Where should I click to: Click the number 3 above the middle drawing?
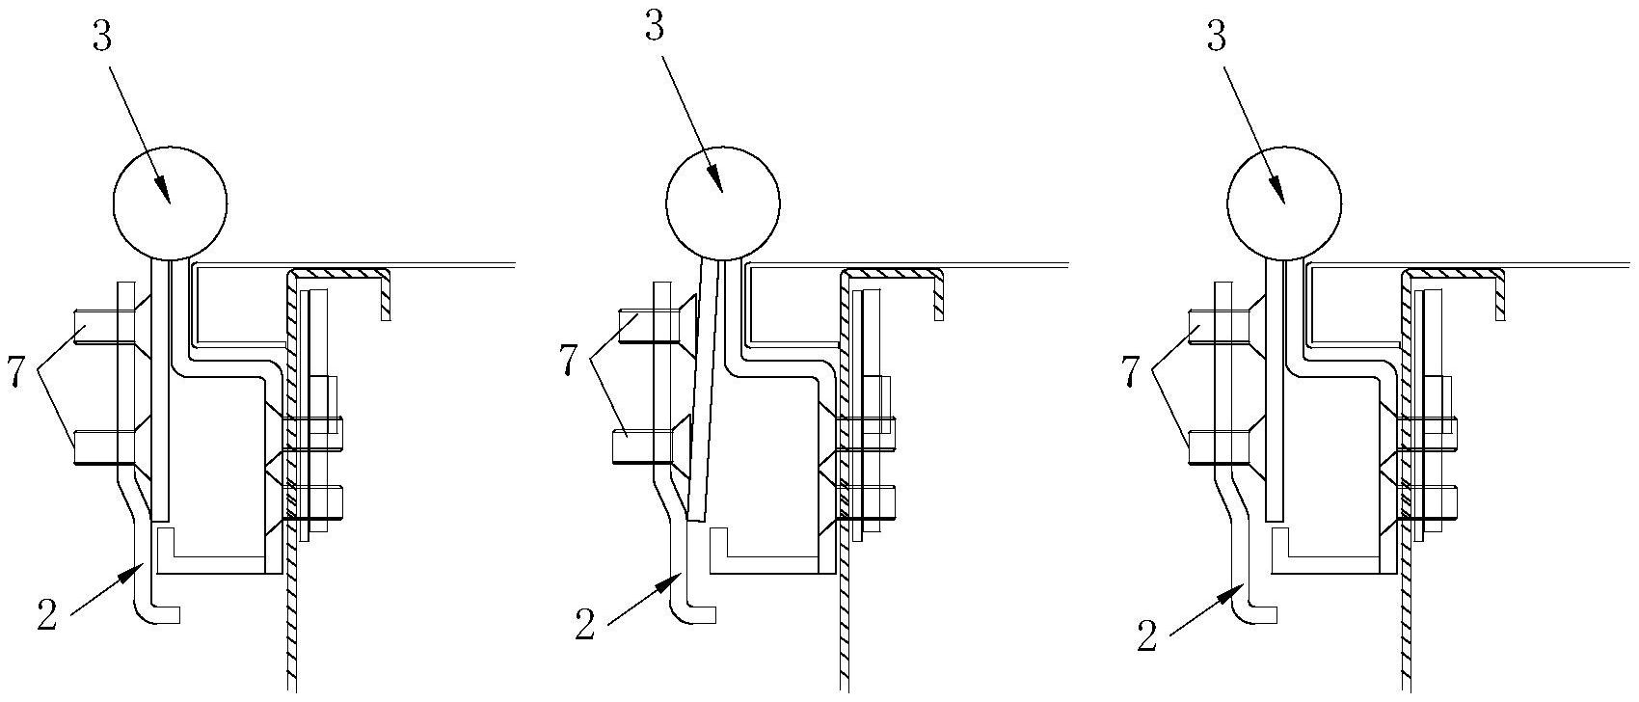click(655, 28)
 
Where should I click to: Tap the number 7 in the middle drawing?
click(569, 362)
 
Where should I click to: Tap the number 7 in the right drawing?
click(1132, 371)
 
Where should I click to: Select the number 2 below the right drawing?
click(1146, 636)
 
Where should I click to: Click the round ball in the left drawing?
click(170, 202)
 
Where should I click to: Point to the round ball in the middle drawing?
click(723, 202)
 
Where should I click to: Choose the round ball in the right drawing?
click(1283, 202)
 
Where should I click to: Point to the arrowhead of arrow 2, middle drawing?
click(675, 579)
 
